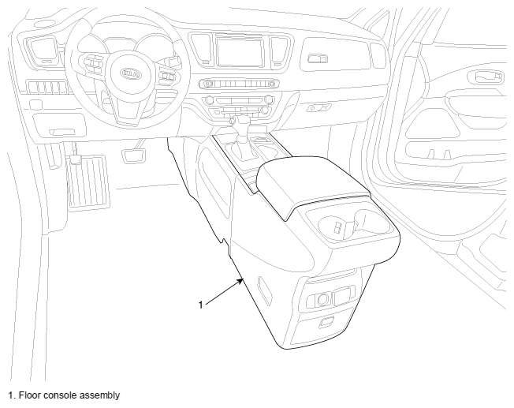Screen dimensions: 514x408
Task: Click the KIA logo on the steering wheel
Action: coord(131,74)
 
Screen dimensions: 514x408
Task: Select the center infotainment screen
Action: coord(240,52)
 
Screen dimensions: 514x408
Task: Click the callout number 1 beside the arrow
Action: coord(200,305)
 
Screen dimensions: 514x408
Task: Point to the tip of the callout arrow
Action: coord(244,279)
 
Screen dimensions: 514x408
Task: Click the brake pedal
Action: coord(133,155)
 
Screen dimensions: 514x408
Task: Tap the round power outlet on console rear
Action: coord(322,299)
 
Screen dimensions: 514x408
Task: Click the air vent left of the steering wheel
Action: coord(42,51)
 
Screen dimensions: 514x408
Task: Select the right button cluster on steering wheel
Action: coord(167,77)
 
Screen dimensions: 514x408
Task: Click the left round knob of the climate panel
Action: coord(208,99)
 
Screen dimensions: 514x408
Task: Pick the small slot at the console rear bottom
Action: coord(326,322)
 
